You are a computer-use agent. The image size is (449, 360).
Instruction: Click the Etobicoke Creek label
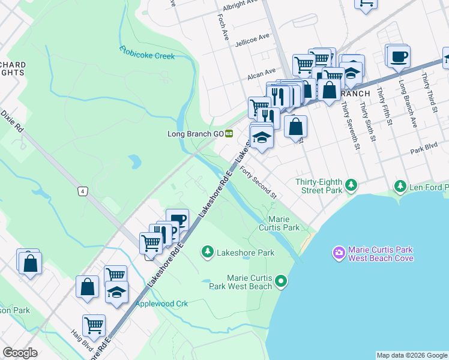146,52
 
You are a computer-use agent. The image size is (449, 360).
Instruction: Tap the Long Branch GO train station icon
229,133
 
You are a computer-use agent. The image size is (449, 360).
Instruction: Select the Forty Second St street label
258,183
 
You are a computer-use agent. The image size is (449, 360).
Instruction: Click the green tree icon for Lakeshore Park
208,251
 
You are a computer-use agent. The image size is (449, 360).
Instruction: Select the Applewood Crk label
161,304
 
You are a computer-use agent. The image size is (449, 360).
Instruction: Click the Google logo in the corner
20,353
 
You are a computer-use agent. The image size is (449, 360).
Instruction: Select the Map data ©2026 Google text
412,355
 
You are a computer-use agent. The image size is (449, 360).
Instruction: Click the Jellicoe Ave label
253,38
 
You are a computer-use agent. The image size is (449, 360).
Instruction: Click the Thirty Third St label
429,93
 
